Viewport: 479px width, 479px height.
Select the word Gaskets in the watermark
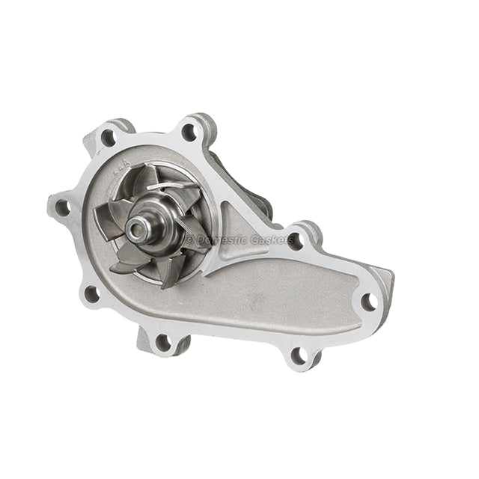tap(269, 240)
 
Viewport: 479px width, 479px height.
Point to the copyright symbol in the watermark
tap(189, 239)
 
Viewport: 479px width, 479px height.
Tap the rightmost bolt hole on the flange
tap(368, 302)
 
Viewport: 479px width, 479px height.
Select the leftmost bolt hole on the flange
tap(62, 207)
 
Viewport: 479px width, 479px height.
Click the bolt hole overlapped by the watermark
tap(296, 240)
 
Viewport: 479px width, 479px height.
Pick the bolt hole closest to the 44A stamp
tap(108, 138)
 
